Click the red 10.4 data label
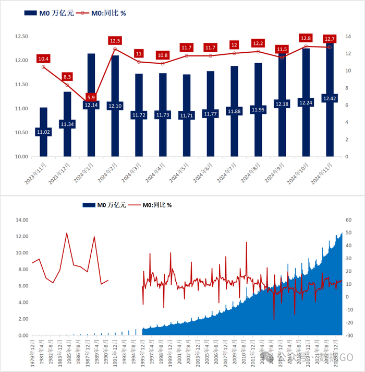pyautogui.click(x=43, y=59)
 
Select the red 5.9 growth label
pyautogui.click(x=91, y=97)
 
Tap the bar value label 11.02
pyautogui.click(x=43, y=132)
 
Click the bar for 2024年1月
pyautogui.click(x=91, y=78)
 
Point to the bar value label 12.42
pyautogui.click(x=330, y=98)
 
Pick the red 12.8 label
pyautogui.click(x=306, y=38)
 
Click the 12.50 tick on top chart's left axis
pyautogui.click(x=21, y=37)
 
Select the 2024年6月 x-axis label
pyautogui.click(x=202, y=171)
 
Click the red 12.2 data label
pyautogui.click(x=258, y=43)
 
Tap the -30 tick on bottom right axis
pyautogui.click(x=349, y=336)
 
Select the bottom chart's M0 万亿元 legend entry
pyautogui.click(x=104, y=205)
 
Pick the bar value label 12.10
pyautogui.click(x=115, y=106)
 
